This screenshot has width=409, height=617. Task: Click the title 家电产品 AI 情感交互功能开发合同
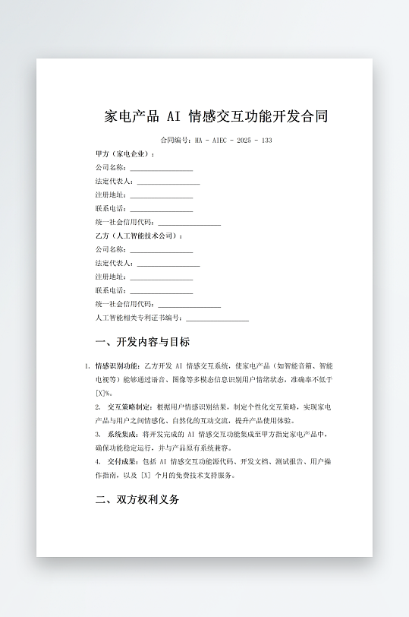pos(216,116)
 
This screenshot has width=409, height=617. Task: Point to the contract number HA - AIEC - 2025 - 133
pos(233,141)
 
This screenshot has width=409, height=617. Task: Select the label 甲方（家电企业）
pos(124,154)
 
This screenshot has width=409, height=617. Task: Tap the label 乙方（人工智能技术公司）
pos(138,236)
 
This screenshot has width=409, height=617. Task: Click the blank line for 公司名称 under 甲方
pos(161,169)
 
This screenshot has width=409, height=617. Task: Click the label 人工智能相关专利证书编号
pos(139,318)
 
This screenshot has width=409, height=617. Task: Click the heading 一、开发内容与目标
pos(142,343)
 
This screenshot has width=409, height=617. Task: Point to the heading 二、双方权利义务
pos(137,501)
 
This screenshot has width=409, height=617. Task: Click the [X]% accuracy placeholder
pos(104,393)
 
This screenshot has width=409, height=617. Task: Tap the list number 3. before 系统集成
pos(98,435)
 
